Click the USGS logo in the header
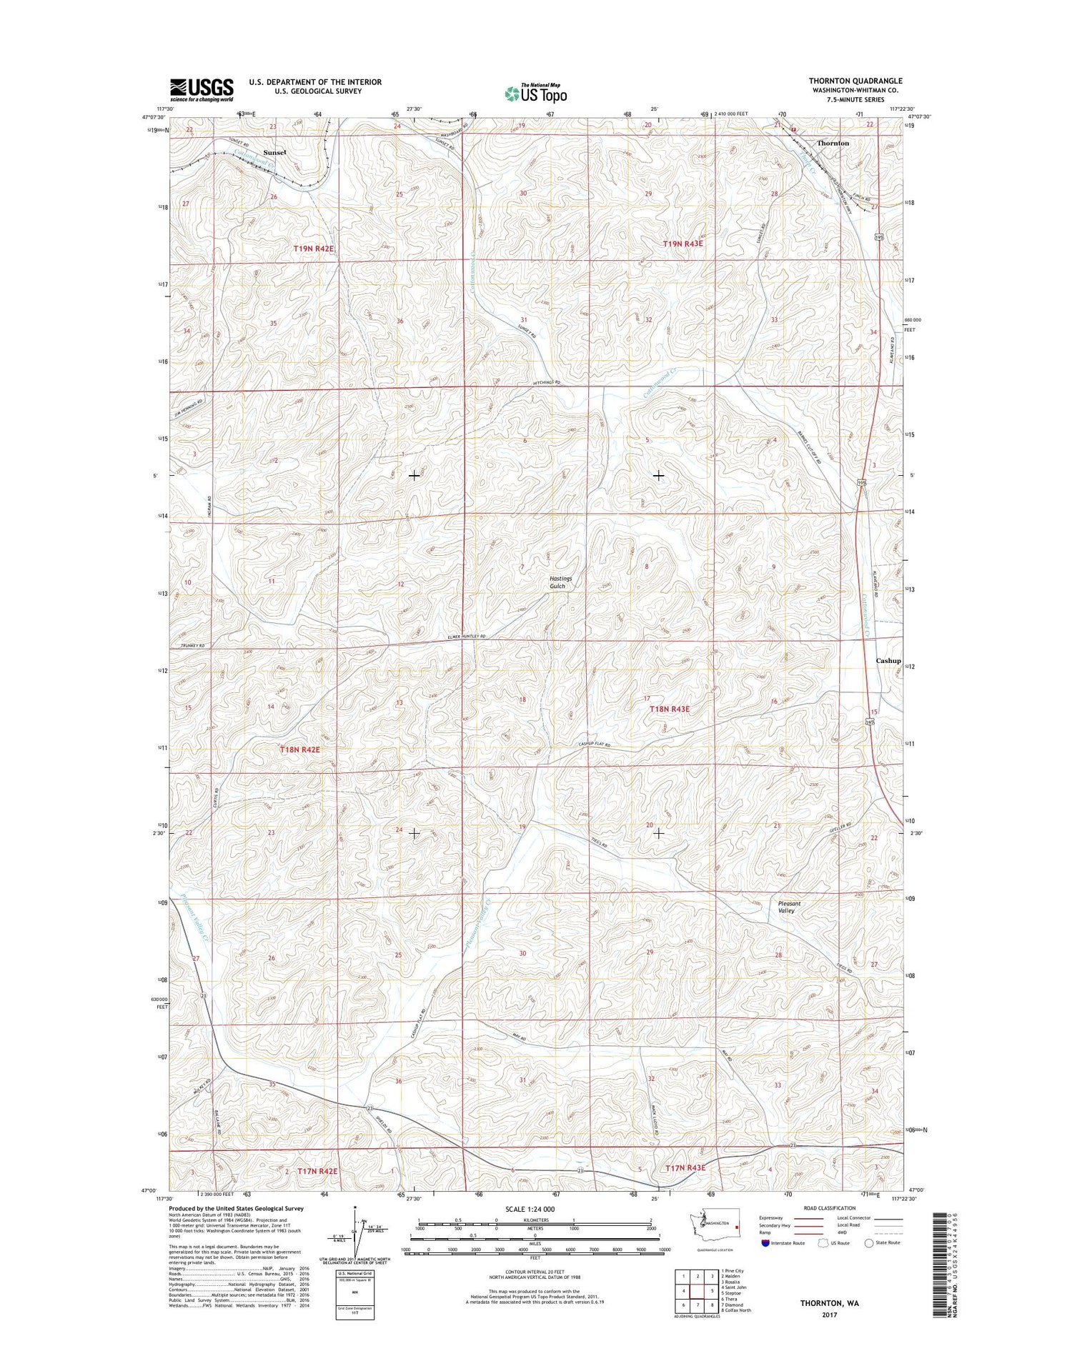202,89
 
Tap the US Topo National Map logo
536,92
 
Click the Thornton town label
833,143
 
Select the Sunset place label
274,152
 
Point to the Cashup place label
888,661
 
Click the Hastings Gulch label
557,582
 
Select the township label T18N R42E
299,749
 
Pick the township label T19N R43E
683,244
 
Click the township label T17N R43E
685,1167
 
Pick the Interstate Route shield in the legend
766,1242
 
